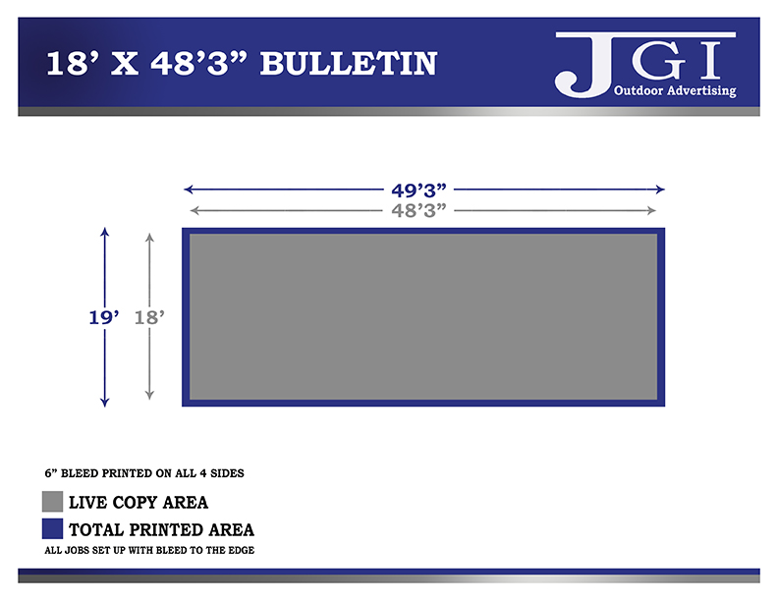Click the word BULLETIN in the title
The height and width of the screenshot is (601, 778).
[x=349, y=64]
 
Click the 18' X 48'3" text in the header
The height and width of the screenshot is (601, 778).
[x=146, y=64]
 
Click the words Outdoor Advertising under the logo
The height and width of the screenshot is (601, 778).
[x=675, y=90]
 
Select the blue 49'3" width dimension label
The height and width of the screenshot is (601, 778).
[x=418, y=190]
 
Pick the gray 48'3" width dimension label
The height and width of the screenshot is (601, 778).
[x=418, y=211]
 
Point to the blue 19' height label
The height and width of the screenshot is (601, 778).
[x=104, y=317]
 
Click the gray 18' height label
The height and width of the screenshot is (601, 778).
[x=149, y=317]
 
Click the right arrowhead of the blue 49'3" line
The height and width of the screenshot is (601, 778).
[x=660, y=189]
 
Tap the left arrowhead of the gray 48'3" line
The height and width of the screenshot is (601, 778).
[x=194, y=211]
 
